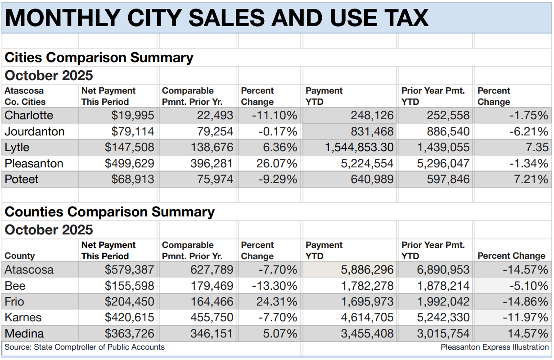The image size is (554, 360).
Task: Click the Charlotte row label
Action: [29, 116]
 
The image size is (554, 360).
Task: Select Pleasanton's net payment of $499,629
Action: [129, 163]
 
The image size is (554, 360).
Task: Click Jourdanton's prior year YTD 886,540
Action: [443, 132]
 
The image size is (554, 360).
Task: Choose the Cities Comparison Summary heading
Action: [99, 58]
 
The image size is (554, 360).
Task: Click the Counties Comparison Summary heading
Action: [109, 212]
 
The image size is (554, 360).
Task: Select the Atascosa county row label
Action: [29, 270]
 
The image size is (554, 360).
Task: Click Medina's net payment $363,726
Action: [129, 334]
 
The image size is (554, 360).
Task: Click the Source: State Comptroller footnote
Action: [85, 347]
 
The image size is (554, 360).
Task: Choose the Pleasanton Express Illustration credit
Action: [495, 347]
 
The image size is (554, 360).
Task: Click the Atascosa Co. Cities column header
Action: [25, 96]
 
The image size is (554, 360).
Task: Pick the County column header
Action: [19, 256]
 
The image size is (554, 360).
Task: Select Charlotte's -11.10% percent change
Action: [275, 116]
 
